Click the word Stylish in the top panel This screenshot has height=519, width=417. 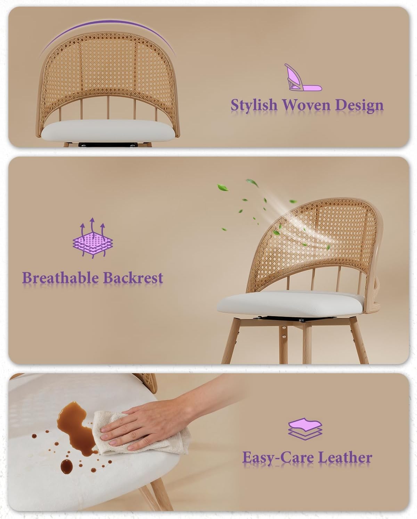pyautogui.click(x=254, y=106)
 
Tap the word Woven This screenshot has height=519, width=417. pyautogui.click(x=306, y=105)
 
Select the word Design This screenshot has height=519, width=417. pyautogui.click(x=359, y=106)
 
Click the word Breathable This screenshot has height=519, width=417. pyautogui.click(x=60, y=278)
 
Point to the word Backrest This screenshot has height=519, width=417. pyautogui.click(x=133, y=278)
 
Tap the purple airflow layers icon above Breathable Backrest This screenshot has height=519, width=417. pyautogui.click(x=93, y=238)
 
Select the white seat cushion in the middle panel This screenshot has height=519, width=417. pyautogui.click(x=291, y=304)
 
